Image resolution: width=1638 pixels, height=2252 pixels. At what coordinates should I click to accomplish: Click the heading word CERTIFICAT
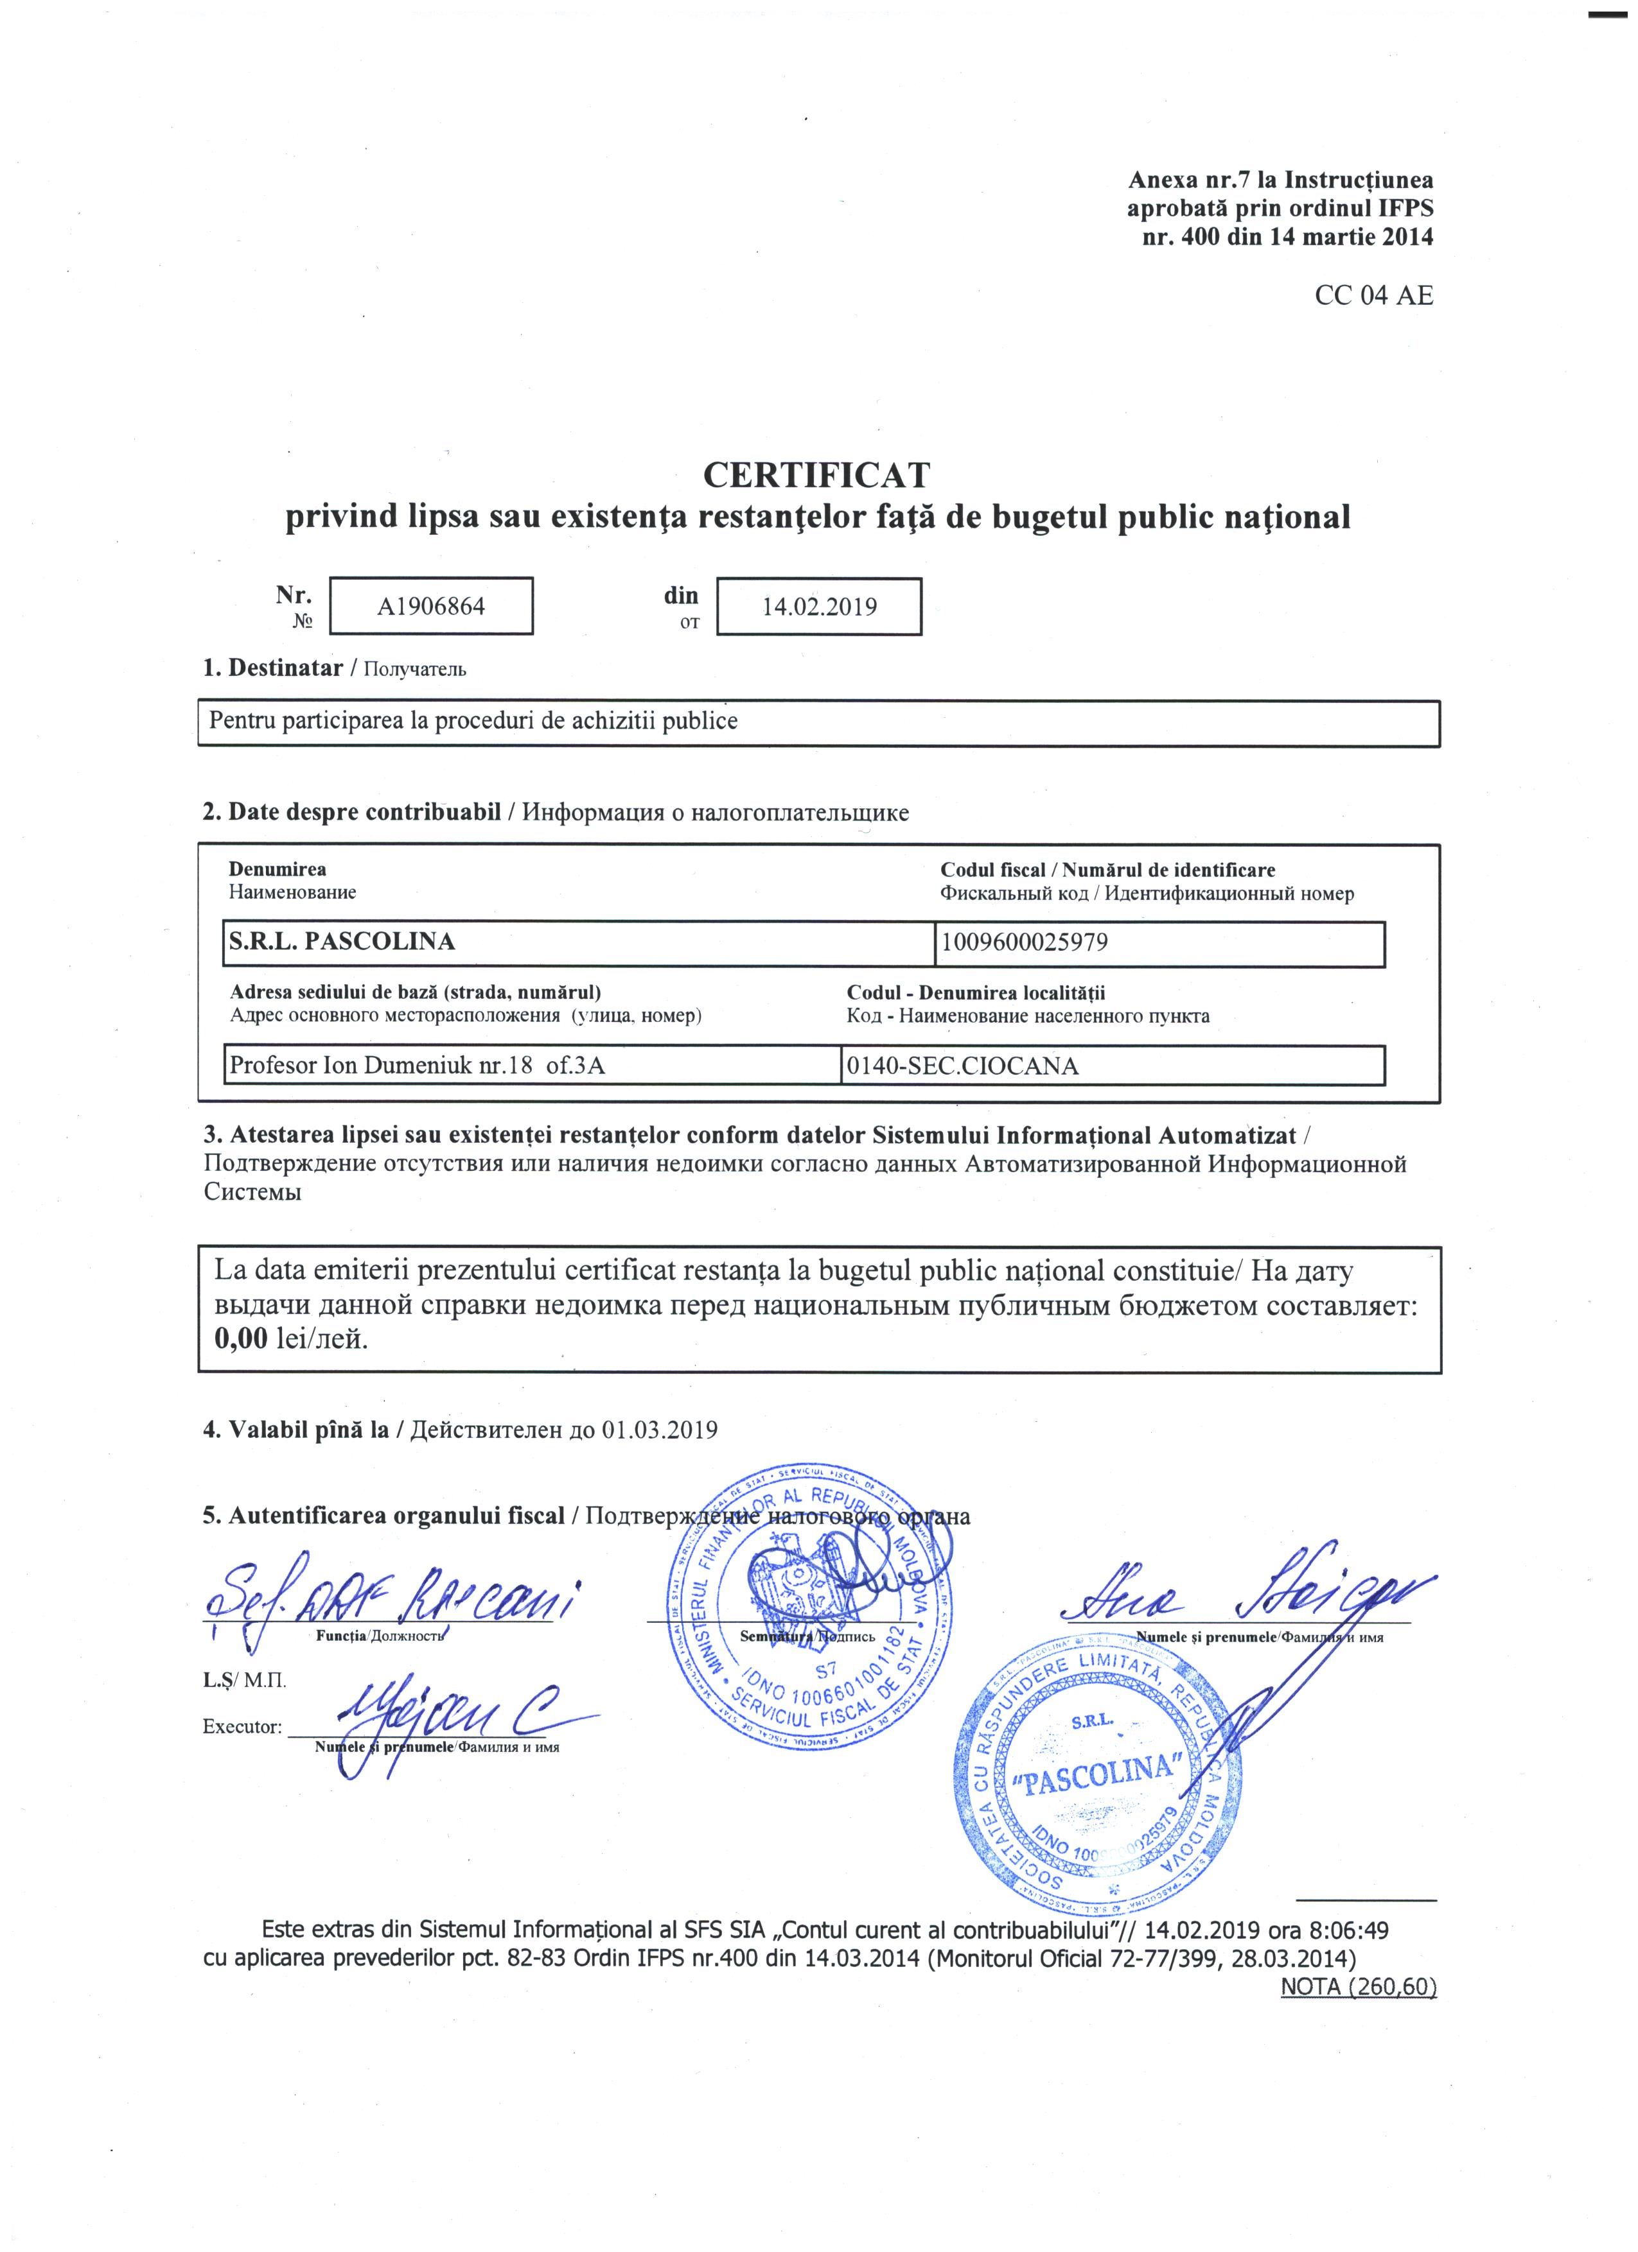[816, 476]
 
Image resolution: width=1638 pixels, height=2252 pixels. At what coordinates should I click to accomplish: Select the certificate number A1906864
[430, 607]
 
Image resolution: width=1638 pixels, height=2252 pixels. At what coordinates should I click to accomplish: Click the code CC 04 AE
[1374, 296]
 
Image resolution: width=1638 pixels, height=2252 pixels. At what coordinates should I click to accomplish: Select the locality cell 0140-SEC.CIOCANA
[962, 1066]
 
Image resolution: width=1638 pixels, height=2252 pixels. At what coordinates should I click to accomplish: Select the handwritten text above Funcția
[392, 1598]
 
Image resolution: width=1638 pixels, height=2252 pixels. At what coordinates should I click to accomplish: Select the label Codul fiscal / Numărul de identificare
[1107, 870]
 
